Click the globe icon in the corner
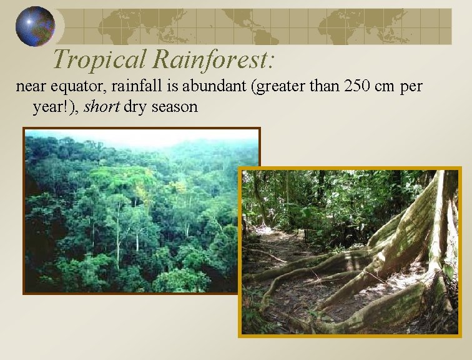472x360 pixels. pyautogui.click(x=35, y=26)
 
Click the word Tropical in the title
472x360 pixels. pyautogui.click(x=99, y=59)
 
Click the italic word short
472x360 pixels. pyautogui.click(x=102, y=106)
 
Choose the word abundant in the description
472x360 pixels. pyautogui.click(x=215, y=86)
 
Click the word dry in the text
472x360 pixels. pyautogui.click(x=135, y=107)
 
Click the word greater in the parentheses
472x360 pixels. pyautogui.click(x=274, y=87)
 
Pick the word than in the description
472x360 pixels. pyautogui.click(x=320, y=86)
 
